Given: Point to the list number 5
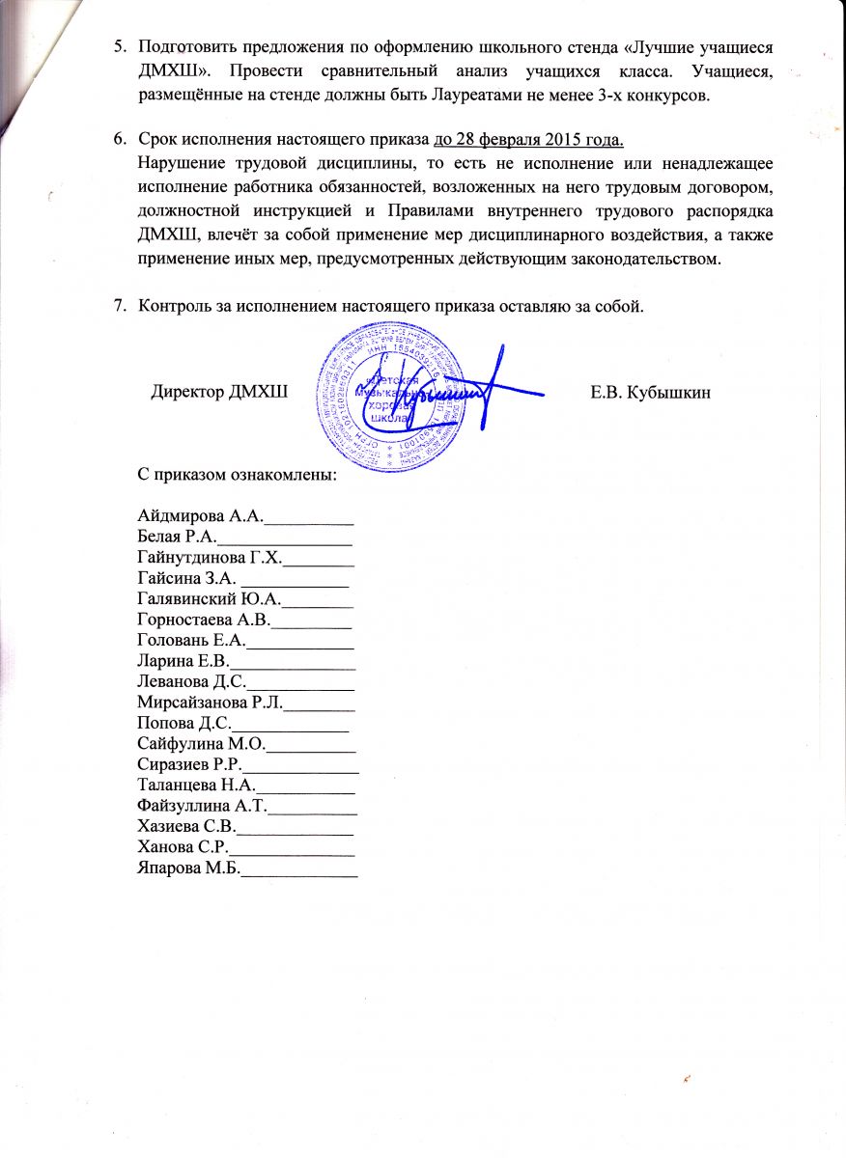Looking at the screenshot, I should click(121, 47).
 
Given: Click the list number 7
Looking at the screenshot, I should click(121, 307).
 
